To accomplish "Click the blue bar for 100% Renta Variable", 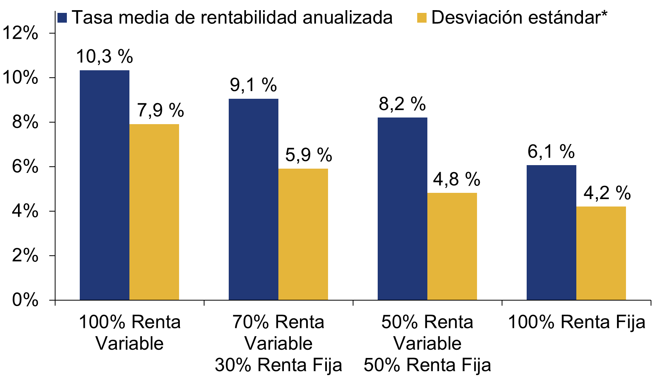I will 104,185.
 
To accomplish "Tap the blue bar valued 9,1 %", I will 253,199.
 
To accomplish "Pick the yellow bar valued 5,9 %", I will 303,234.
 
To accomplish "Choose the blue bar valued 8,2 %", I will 402,208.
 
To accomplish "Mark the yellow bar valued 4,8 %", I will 452,246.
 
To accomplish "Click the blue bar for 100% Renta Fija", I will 551,232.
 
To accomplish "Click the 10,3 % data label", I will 104,57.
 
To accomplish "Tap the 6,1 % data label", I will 551,152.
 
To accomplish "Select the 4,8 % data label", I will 456,180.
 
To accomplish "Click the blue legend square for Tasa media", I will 63,18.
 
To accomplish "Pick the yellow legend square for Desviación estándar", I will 422,18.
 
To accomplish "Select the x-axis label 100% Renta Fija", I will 576,322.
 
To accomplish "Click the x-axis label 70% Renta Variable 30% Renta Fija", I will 278,344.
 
